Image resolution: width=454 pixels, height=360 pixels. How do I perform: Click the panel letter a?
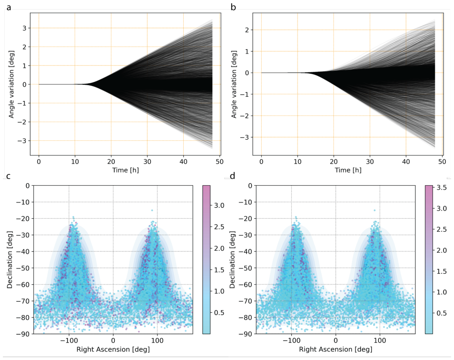point(9,8)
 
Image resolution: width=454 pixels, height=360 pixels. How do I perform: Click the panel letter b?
point(233,7)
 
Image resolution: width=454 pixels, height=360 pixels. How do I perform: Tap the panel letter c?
point(9,176)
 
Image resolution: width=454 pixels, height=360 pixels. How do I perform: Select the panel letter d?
point(233,175)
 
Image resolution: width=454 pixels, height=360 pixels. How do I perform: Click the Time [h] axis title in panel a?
point(126,170)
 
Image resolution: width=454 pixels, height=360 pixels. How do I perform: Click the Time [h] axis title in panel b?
point(348,170)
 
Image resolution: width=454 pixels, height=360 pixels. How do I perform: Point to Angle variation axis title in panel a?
point(11,84)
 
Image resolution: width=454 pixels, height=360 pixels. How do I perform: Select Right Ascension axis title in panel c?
point(113,349)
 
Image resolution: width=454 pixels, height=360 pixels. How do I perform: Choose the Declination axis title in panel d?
point(232,259)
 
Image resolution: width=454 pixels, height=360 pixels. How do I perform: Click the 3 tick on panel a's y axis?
point(24,28)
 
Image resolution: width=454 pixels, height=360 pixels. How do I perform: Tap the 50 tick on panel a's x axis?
point(220,161)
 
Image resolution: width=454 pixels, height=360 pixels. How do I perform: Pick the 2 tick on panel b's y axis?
point(247,30)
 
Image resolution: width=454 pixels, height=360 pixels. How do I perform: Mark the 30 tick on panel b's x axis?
point(370,161)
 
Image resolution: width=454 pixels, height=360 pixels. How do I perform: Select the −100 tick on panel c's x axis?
point(69,340)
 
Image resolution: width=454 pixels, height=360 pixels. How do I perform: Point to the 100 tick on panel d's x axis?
point(380,340)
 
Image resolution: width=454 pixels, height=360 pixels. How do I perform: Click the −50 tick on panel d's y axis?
point(246,268)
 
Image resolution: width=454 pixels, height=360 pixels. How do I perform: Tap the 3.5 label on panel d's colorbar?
point(442,187)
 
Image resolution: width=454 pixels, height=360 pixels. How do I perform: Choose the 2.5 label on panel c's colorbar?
point(219,227)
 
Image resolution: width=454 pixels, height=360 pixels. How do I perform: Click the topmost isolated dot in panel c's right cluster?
point(152,210)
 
